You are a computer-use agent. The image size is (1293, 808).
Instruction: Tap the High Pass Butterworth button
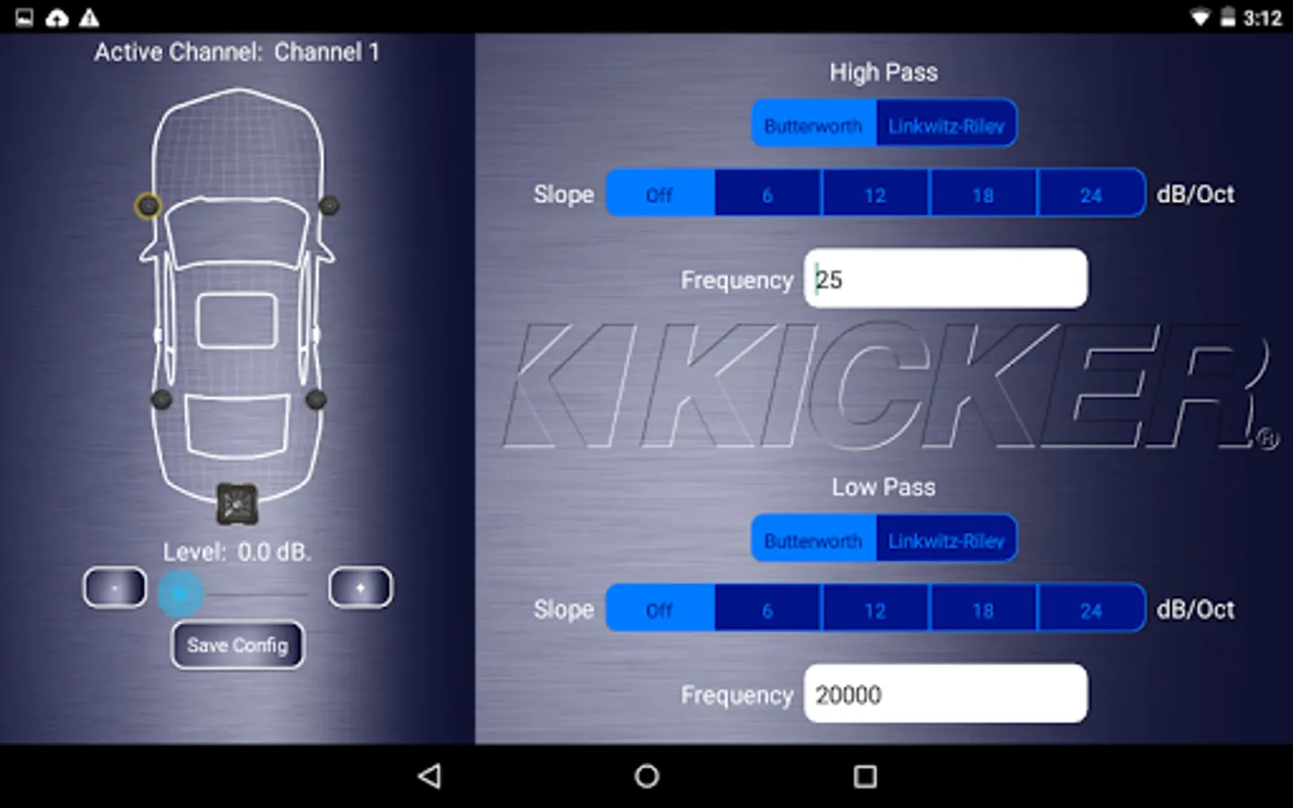[x=813, y=125]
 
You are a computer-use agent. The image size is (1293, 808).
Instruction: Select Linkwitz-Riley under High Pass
[x=946, y=125]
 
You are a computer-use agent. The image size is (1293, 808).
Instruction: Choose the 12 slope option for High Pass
[x=875, y=194]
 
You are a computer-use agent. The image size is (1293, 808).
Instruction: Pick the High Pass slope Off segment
[x=660, y=194]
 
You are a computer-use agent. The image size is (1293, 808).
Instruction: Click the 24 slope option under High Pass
[x=1091, y=194]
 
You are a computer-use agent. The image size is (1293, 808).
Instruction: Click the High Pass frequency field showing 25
[x=946, y=279]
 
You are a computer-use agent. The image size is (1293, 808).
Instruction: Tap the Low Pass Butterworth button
[x=813, y=540]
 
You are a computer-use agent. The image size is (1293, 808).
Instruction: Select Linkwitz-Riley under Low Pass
[x=946, y=540]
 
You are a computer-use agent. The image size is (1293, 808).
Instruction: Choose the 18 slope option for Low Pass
[x=983, y=610]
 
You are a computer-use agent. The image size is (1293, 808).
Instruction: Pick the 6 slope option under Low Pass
[x=768, y=610]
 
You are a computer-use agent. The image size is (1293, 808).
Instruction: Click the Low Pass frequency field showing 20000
[x=946, y=694]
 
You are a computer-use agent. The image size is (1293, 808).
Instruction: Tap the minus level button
[x=115, y=588]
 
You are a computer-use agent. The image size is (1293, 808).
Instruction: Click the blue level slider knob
[x=180, y=593]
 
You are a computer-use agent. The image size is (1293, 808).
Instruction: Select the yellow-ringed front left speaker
[x=148, y=206]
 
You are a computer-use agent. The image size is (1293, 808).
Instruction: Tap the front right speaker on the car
[x=330, y=206]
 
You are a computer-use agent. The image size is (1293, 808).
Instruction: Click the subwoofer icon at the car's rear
[x=237, y=505]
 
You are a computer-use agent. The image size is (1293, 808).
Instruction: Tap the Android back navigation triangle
[x=430, y=776]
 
